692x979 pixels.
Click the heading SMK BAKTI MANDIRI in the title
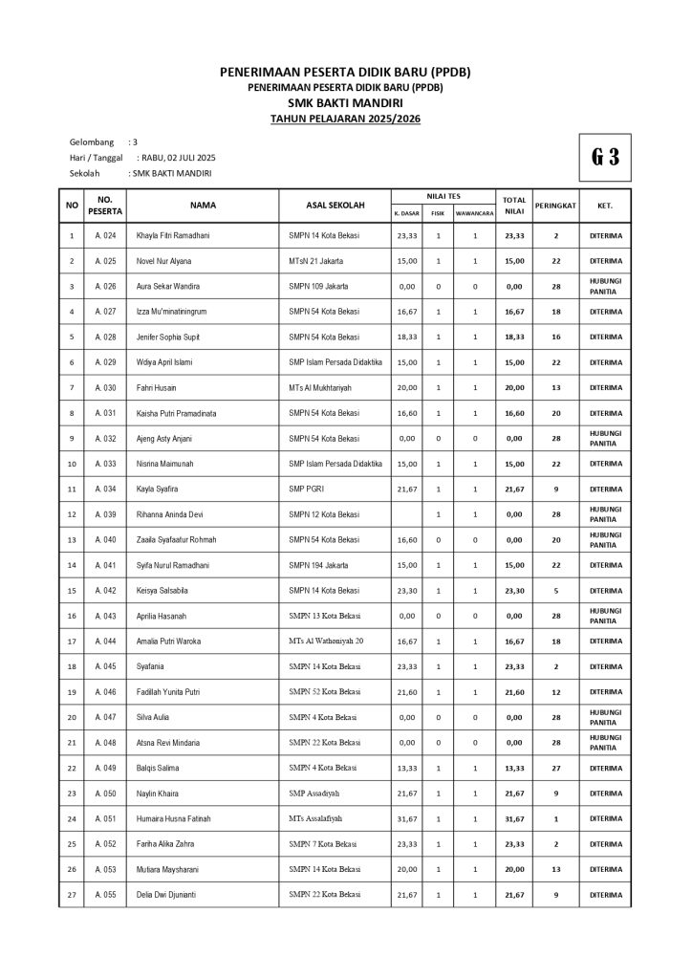(345, 102)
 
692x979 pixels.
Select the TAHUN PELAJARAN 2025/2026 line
(345, 119)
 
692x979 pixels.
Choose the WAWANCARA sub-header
(474, 213)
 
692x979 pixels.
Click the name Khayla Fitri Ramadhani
(173, 235)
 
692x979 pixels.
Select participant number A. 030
(105, 387)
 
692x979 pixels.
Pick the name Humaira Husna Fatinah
(173, 818)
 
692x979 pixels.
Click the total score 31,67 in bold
(514, 818)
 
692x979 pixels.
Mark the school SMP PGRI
(308, 489)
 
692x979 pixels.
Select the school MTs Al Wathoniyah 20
(326, 641)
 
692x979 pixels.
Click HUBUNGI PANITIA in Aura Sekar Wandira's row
(604, 286)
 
